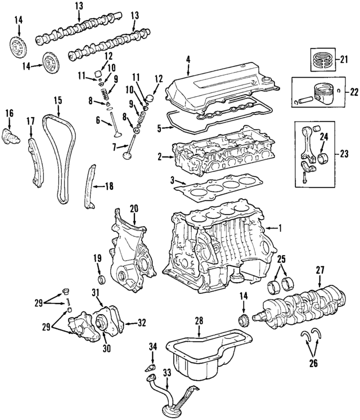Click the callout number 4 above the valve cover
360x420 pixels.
pos(188,58)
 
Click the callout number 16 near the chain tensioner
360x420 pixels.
pos(9,114)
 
